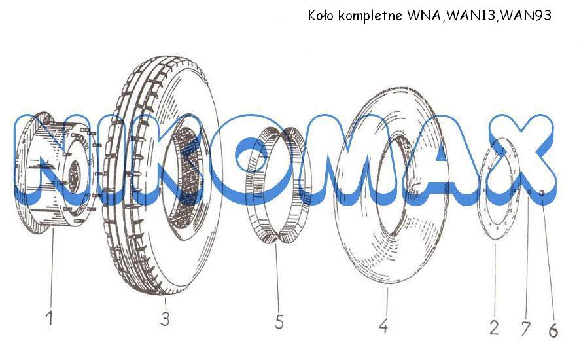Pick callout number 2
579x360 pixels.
tap(495, 327)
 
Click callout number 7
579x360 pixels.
tap(525, 329)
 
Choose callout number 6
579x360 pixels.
tap(553, 331)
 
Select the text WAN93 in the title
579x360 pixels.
tap(526, 16)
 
